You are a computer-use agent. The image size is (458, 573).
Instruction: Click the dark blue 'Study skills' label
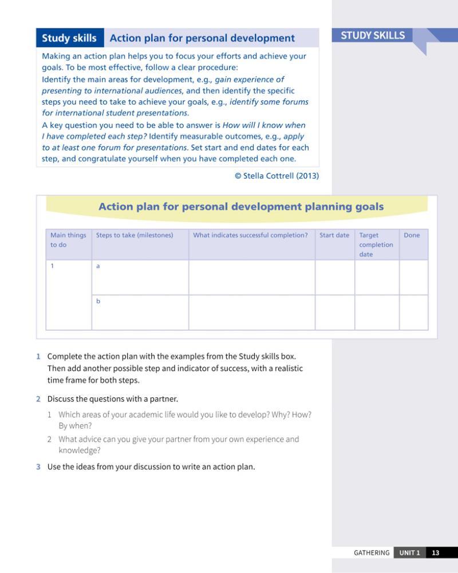pos(69,38)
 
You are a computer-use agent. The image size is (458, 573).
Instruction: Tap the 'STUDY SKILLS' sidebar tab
pos(373,35)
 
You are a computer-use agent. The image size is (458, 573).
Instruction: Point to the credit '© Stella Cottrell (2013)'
pos(277,176)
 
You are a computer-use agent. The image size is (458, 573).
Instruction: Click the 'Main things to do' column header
pos(68,240)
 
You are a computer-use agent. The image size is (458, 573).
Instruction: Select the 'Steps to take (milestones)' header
pos(135,235)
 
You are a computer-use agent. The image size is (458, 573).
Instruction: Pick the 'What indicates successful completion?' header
pos(250,235)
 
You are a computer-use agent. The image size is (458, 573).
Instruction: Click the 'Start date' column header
pos(334,235)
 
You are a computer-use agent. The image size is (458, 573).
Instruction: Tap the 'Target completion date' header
pos(376,244)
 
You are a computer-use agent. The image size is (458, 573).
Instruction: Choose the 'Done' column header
pos(412,235)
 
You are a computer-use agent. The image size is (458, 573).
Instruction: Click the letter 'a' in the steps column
pos(98,266)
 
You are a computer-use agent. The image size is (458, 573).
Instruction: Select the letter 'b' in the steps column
pos(98,301)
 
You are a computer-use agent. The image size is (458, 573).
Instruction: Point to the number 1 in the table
pos(52,266)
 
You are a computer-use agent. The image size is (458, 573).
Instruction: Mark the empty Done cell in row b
pos(413,313)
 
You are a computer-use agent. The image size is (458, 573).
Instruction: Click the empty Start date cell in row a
pos(334,278)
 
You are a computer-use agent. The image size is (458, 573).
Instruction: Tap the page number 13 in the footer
pos(436,553)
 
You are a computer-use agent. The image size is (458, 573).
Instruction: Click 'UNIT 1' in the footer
pos(409,553)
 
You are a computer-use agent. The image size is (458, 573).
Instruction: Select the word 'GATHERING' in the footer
pos(372,553)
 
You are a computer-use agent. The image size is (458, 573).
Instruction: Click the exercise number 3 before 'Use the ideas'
pos(38,467)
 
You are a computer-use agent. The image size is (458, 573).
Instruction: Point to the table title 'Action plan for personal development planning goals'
pos(241,207)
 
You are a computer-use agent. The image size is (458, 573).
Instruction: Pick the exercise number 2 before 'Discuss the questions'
pos(38,399)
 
